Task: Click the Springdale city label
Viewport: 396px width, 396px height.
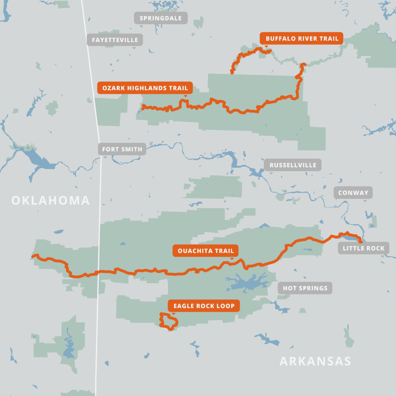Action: [160, 18]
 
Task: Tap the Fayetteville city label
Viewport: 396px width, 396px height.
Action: [115, 40]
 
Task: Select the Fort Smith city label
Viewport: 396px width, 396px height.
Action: [122, 149]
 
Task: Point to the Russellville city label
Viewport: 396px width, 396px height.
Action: [293, 165]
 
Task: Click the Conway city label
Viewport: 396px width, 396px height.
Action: [353, 193]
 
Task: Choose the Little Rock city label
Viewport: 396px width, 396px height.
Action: [364, 248]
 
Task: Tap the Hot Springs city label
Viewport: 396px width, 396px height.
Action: [305, 288]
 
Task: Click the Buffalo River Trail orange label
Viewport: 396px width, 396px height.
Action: [302, 38]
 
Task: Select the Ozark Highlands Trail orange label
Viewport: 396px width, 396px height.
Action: [145, 88]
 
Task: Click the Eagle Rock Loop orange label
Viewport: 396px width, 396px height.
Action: [204, 306]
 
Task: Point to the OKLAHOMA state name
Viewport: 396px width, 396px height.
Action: [50, 200]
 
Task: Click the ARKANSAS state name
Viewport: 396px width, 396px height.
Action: [315, 361]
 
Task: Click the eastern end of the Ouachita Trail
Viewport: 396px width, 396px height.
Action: [360, 242]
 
